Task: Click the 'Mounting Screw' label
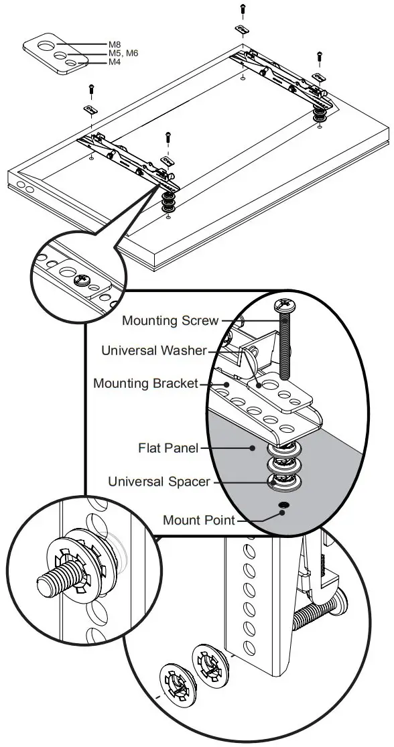[x=170, y=321]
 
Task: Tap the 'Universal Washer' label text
[x=154, y=350]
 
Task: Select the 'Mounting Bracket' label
[x=145, y=384]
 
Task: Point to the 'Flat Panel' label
[x=168, y=448]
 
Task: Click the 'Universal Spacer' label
[x=159, y=481]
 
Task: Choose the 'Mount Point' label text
[x=199, y=520]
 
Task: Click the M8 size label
[x=115, y=44]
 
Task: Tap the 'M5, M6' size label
[x=123, y=54]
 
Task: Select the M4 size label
[x=115, y=62]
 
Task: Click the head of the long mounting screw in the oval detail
[x=287, y=307]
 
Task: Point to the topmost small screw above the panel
[x=242, y=9]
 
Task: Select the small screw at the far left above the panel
[x=90, y=88]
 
